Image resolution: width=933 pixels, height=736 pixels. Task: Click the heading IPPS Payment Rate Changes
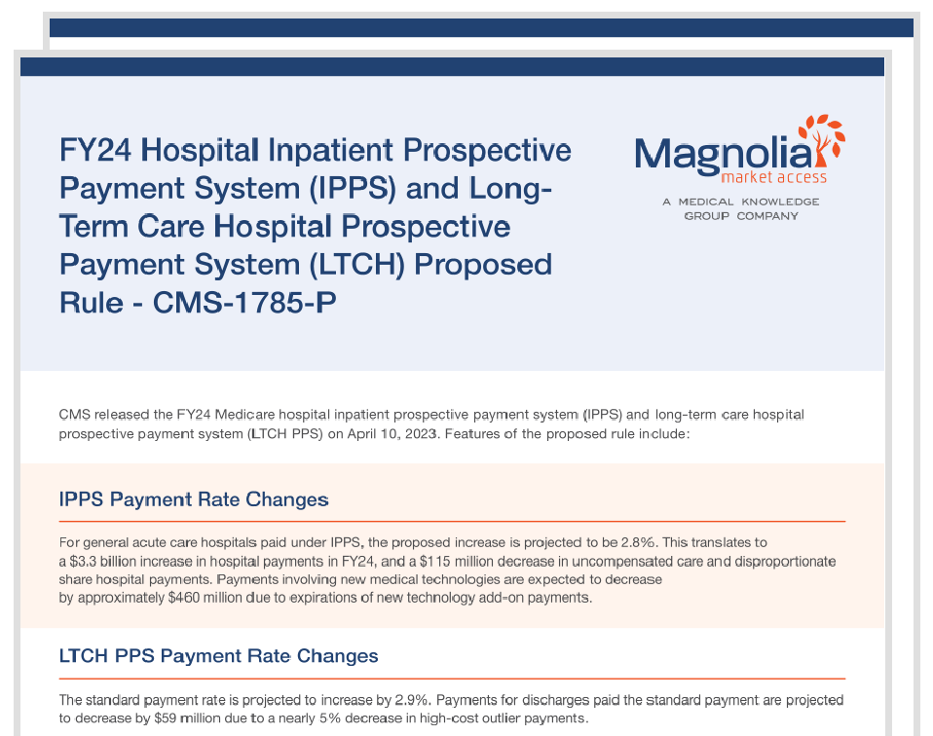click(194, 499)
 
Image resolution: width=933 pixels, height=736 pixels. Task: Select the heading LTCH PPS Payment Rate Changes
click(218, 655)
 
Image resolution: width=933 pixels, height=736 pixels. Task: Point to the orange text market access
click(773, 177)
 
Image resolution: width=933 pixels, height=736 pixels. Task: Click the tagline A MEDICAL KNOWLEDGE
click(740, 202)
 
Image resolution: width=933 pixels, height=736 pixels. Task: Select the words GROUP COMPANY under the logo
click(740, 216)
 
